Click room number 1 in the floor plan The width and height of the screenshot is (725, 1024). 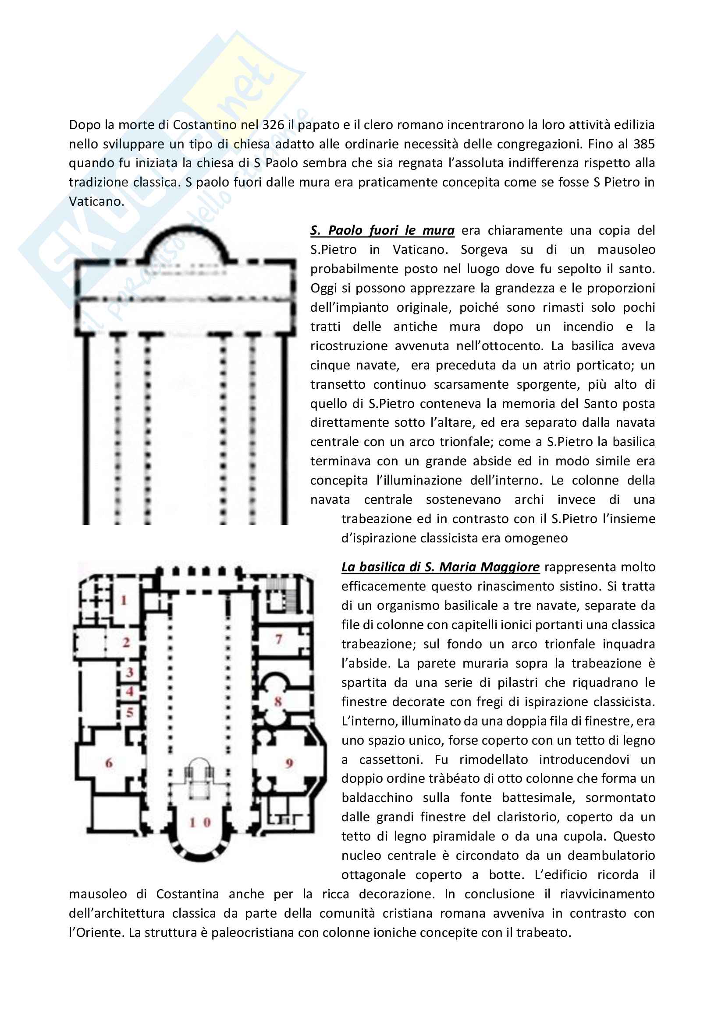click(x=124, y=600)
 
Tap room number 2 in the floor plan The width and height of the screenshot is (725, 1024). click(x=126, y=642)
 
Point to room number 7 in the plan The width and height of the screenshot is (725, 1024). click(x=279, y=639)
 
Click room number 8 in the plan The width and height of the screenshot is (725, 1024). click(x=277, y=701)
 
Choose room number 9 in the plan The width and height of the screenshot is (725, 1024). click(x=289, y=763)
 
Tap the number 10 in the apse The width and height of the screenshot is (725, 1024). click(x=199, y=822)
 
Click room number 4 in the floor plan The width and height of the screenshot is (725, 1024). click(x=129, y=691)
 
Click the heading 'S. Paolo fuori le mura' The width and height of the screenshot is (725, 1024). click(x=382, y=231)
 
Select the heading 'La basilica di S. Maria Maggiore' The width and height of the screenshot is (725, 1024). click(x=440, y=567)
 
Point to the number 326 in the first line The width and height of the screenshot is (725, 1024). click(x=273, y=125)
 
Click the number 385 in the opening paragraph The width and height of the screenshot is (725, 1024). click(x=643, y=144)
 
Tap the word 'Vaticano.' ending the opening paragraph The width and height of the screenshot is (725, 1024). click(x=96, y=201)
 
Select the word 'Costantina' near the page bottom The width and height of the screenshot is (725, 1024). click(x=188, y=894)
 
